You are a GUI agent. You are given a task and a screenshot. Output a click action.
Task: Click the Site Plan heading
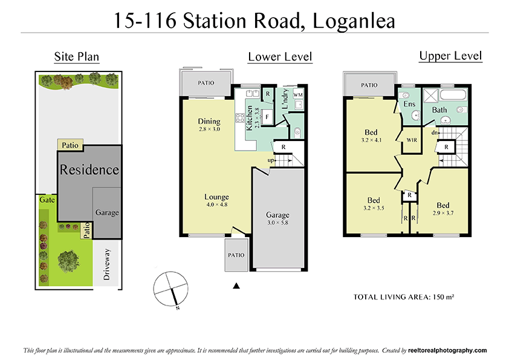pyautogui.click(x=76, y=57)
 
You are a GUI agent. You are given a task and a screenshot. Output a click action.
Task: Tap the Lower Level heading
pyautogui.click(x=280, y=57)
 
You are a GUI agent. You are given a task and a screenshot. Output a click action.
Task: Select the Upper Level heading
pyautogui.click(x=450, y=56)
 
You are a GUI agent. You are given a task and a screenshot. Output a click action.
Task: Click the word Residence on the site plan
pyautogui.click(x=89, y=169)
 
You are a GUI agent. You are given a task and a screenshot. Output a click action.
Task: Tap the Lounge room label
pyautogui.click(x=216, y=197)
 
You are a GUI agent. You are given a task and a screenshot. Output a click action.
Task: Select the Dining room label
pyautogui.click(x=209, y=122)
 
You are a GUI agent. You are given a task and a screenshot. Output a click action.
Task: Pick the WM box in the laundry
pyautogui.click(x=297, y=96)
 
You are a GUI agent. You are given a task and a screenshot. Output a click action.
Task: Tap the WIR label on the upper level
pyautogui.click(x=412, y=140)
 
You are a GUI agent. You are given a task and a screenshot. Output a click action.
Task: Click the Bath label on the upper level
pyautogui.click(x=439, y=110)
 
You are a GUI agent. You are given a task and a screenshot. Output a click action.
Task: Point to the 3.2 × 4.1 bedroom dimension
pyautogui.click(x=372, y=140)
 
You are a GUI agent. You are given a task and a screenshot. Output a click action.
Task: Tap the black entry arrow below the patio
pyautogui.click(x=237, y=286)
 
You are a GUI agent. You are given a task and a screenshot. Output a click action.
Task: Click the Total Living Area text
pyautogui.click(x=403, y=297)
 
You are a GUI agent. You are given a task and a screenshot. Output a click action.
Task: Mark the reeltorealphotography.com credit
pyautogui.click(x=447, y=350)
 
